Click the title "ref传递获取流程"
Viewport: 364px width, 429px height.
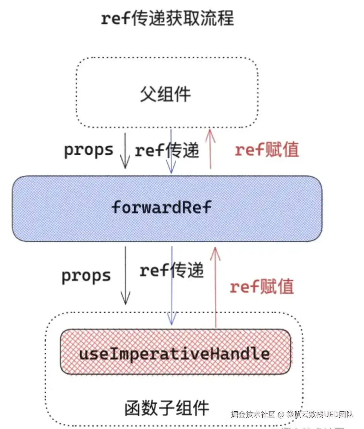(x=167, y=19)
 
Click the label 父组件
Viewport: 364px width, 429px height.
(x=166, y=94)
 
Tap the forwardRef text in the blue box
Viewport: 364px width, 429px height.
(x=161, y=207)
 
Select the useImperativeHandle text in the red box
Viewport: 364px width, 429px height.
(x=174, y=354)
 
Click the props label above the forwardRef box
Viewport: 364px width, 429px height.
(x=89, y=150)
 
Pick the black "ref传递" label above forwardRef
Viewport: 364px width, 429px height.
(x=167, y=150)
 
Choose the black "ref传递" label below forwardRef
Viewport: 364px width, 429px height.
(x=172, y=270)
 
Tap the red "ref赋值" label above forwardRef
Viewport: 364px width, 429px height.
(x=267, y=150)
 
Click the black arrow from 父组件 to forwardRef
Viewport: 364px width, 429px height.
(x=125, y=151)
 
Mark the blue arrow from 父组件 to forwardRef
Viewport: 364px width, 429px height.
(x=171, y=151)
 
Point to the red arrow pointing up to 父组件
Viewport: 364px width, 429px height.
(x=210, y=149)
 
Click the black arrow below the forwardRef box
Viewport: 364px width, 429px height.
(x=126, y=276)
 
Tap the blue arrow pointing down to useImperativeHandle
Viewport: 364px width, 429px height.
(x=172, y=285)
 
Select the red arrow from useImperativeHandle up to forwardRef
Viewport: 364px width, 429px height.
(x=215, y=287)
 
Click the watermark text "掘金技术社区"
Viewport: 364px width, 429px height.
(x=253, y=414)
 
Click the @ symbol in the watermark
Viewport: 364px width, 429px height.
(x=281, y=414)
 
